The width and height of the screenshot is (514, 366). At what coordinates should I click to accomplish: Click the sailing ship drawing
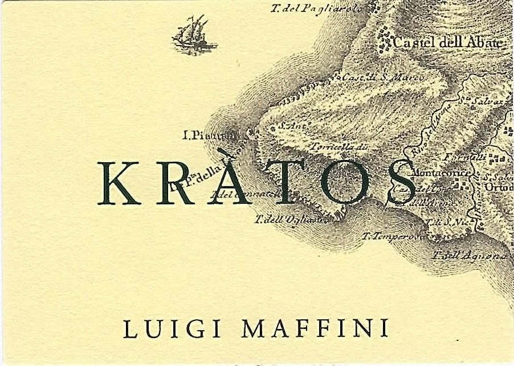194,36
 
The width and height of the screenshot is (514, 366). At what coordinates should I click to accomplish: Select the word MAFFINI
315,328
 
